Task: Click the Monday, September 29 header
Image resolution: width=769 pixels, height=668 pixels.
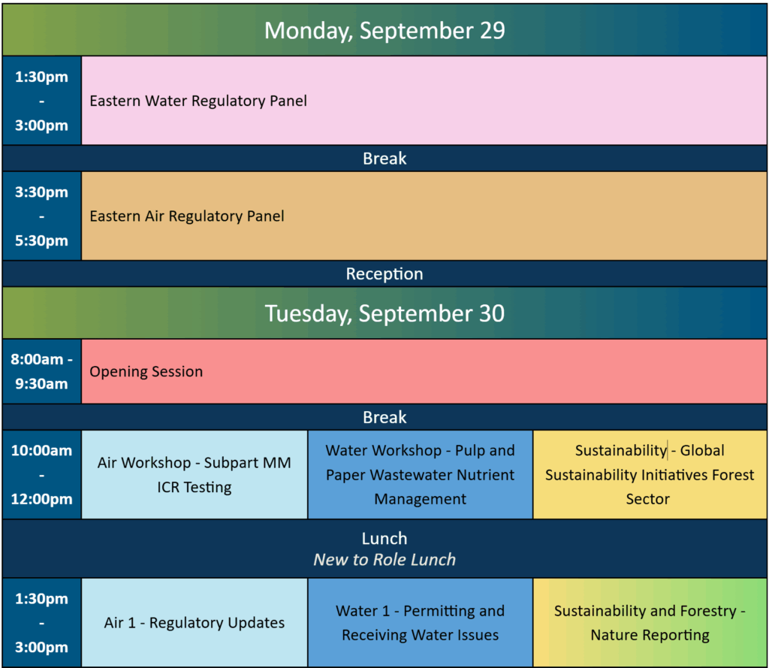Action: [384, 30]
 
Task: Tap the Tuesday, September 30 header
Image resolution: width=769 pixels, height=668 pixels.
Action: [384, 313]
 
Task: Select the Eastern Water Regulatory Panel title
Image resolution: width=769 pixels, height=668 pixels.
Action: [198, 101]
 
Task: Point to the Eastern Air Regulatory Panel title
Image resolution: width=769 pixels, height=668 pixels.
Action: [187, 216]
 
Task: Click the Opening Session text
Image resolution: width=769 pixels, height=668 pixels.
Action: [146, 371]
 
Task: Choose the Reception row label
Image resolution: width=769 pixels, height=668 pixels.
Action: [384, 274]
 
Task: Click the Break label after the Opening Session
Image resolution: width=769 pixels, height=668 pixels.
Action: [384, 417]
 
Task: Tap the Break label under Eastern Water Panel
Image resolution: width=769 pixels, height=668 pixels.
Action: [384, 159]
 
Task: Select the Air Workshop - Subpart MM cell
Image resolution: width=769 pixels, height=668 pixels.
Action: [195, 475]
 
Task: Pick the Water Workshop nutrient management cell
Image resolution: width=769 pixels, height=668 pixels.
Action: [421, 475]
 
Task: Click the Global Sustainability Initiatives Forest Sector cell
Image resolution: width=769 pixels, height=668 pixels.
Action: [650, 475]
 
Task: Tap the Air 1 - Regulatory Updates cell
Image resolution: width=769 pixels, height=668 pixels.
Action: [195, 622]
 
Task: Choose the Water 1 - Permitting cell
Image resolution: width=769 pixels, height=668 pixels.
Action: [421, 622]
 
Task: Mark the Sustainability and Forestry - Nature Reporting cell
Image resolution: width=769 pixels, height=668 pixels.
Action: [650, 622]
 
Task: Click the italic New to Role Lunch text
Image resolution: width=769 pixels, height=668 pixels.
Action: [384, 560]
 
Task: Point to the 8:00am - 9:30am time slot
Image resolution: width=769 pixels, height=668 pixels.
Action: [42, 371]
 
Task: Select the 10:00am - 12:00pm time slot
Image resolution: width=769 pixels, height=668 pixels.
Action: [42, 475]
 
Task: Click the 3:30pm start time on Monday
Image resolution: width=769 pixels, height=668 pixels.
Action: [42, 192]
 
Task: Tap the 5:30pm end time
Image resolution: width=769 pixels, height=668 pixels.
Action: [42, 240]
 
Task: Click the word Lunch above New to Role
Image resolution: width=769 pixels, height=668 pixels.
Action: [384, 539]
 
